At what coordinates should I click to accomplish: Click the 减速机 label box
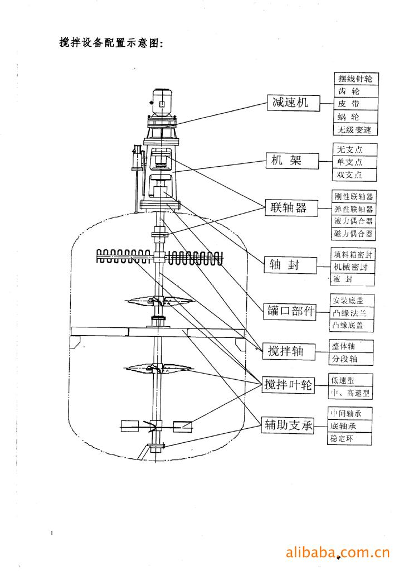[290, 103]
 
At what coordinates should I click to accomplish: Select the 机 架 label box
[290, 162]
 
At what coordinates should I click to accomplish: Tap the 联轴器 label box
[290, 209]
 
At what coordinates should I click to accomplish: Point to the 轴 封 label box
[290, 265]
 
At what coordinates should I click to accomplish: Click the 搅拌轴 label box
[286, 351]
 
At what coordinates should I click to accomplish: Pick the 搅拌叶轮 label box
[288, 385]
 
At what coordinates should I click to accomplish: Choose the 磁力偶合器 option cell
[353, 234]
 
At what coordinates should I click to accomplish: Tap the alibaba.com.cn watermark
[337, 553]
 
